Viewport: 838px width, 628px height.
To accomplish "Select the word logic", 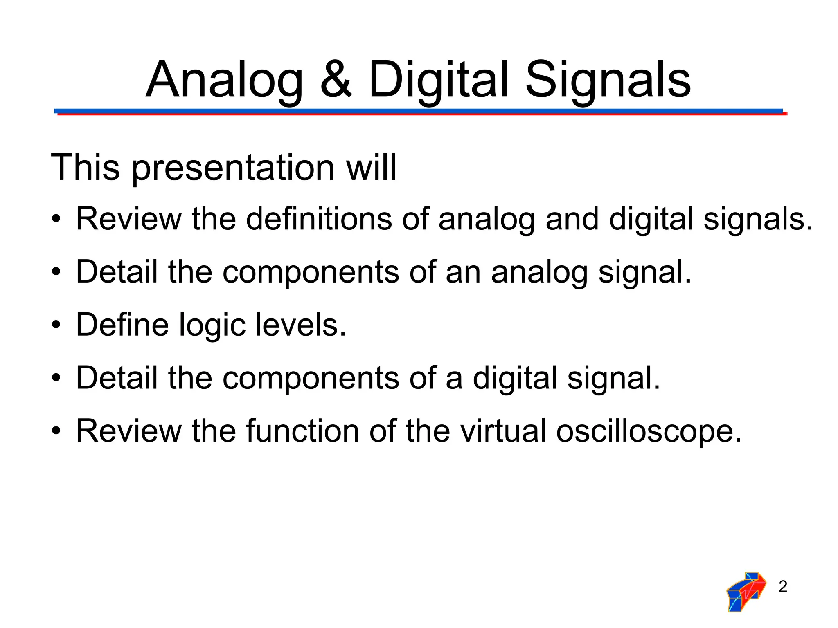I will coord(212,325).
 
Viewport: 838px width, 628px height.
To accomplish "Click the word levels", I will coord(301,325).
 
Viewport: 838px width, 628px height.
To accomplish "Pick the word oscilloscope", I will coord(649,431).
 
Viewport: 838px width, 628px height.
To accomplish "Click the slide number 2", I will coord(783,587).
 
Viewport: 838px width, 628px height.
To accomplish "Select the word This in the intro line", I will coord(85,168).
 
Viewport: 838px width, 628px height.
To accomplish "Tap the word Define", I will coord(122,325).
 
